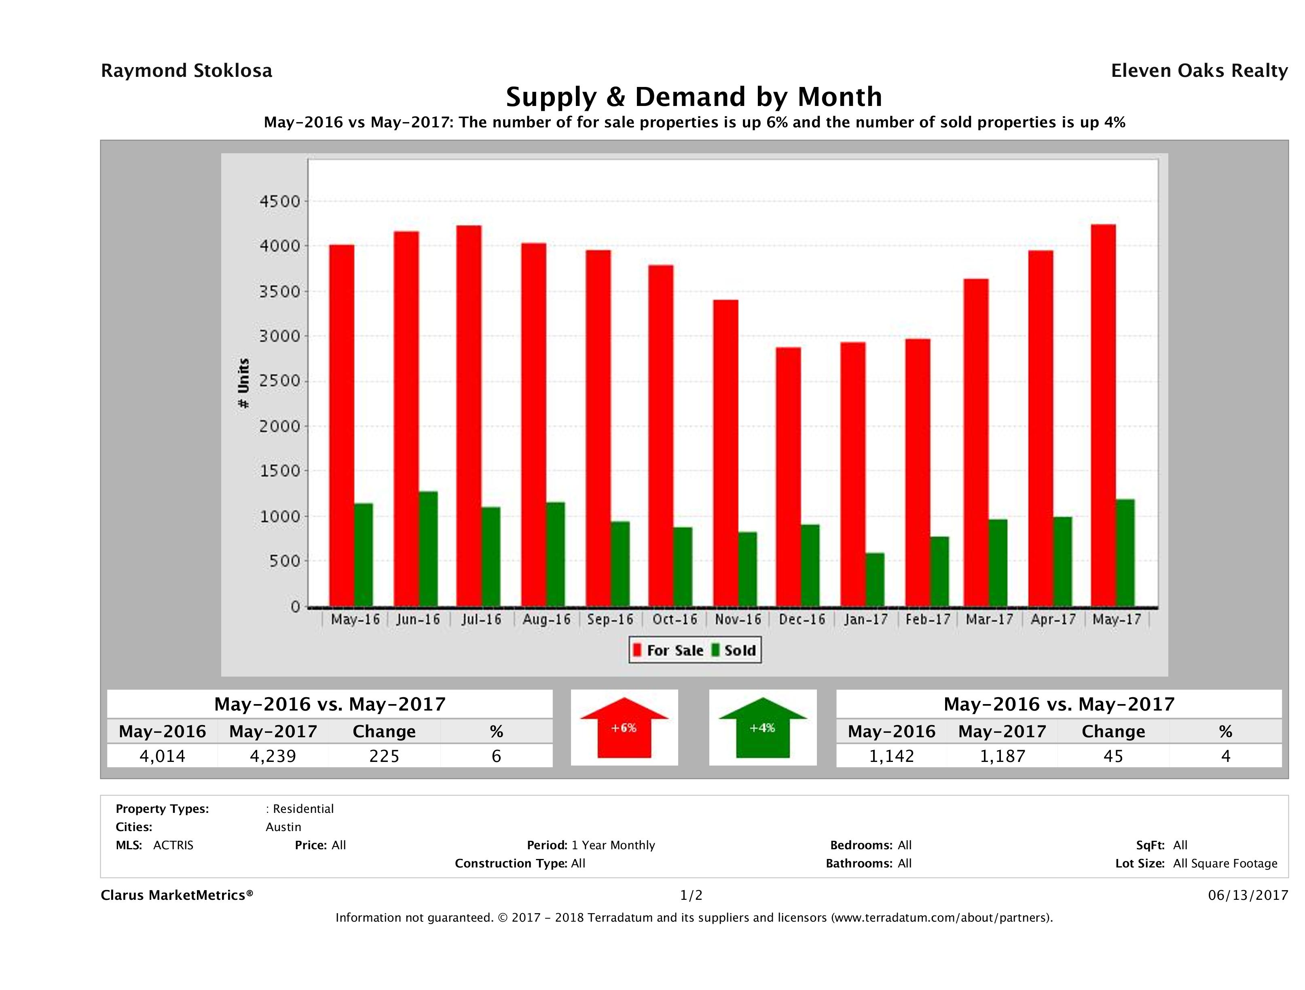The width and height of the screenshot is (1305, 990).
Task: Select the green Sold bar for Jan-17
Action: tap(875, 580)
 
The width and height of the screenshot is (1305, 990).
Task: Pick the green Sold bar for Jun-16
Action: tap(428, 549)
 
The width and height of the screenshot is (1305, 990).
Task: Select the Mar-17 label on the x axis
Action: tap(990, 620)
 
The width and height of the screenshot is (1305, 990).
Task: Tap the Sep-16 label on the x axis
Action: tap(610, 620)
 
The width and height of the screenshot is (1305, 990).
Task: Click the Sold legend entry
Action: tap(734, 650)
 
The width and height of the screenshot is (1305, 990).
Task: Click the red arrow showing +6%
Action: tap(624, 728)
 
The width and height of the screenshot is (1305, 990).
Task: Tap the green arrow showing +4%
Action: tap(762, 728)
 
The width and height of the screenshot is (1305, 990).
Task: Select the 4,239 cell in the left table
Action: tap(273, 756)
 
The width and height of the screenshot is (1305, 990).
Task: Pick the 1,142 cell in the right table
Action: tap(891, 756)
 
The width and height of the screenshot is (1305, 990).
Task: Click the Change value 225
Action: tap(384, 756)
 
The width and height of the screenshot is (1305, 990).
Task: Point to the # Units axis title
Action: tap(243, 383)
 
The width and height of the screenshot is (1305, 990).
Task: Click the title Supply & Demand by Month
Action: tap(694, 97)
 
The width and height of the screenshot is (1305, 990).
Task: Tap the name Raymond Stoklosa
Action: tap(186, 71)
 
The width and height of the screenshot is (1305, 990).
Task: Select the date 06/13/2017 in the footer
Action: tap(1248, 895)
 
